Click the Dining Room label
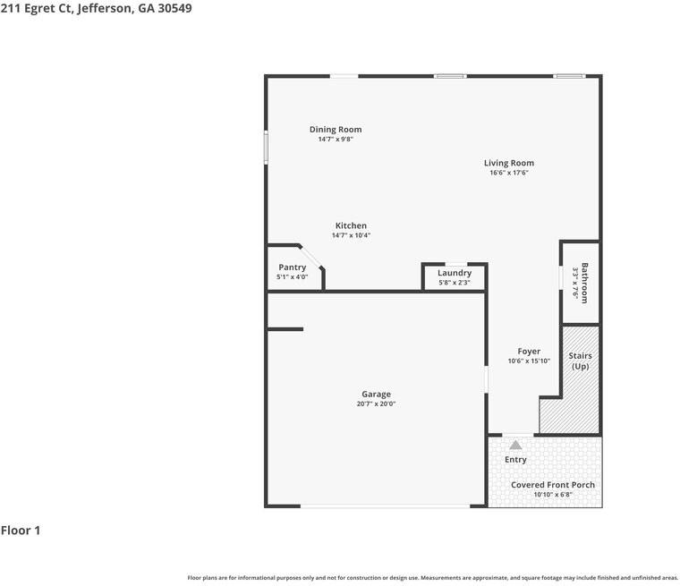336,130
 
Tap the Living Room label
509,163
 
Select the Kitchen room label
351,225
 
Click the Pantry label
293,268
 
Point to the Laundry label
455,273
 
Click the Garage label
376,394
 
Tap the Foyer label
529,352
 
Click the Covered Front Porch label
553,485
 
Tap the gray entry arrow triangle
515,445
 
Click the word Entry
515,460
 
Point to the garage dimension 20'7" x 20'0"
376,403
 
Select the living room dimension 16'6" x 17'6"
509,173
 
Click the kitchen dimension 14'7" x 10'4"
351,235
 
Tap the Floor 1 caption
21,531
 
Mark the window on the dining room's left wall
266,148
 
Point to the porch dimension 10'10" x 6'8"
553,495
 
